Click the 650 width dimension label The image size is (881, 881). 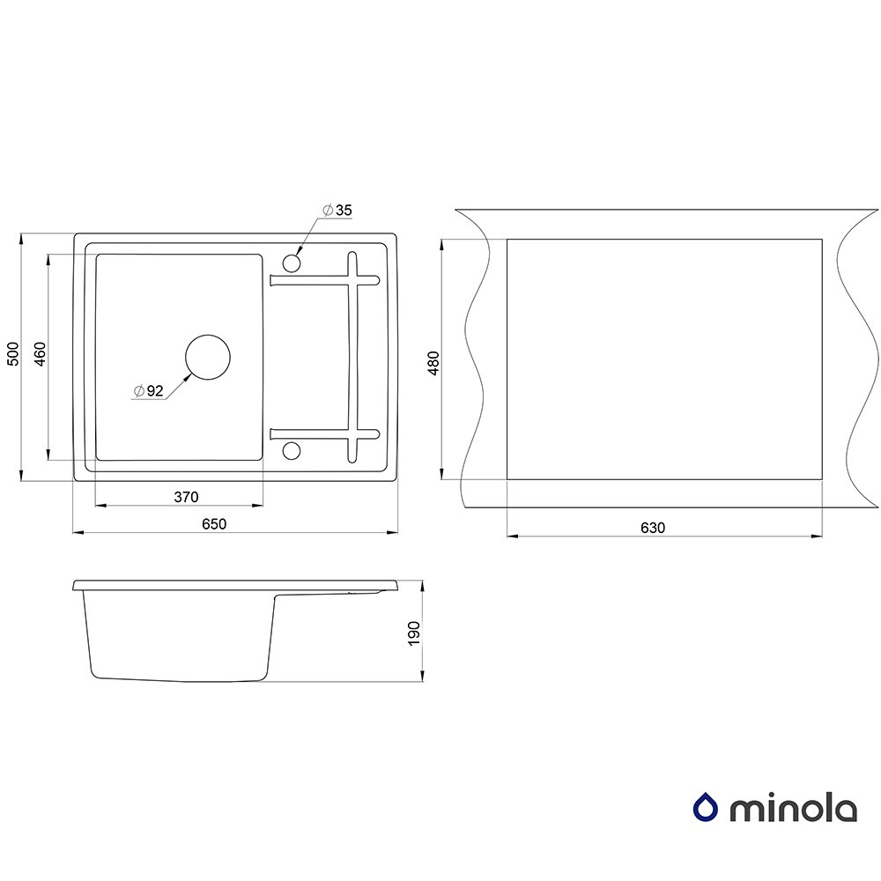point(214,523)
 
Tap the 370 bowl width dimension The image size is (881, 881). point(186,497)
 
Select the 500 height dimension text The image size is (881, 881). point(13,353)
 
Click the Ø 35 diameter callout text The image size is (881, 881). point(337,210)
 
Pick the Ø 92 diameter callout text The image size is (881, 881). point(148,390)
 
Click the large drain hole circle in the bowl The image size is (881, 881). point(208,358)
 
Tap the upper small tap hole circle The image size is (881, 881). point(292,263)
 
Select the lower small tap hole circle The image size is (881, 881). point(292,450)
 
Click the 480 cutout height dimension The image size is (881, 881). point(433,363)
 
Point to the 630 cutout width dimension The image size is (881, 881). point(652,528)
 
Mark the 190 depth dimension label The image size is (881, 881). point(414,633)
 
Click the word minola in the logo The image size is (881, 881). point(793,808)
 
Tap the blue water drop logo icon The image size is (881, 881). point(706,807)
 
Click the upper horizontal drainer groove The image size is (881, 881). point(325,279)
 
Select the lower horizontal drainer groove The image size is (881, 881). point(325,433)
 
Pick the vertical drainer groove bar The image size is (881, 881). point(352,357)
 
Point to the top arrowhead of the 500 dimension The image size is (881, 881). point(21,239)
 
